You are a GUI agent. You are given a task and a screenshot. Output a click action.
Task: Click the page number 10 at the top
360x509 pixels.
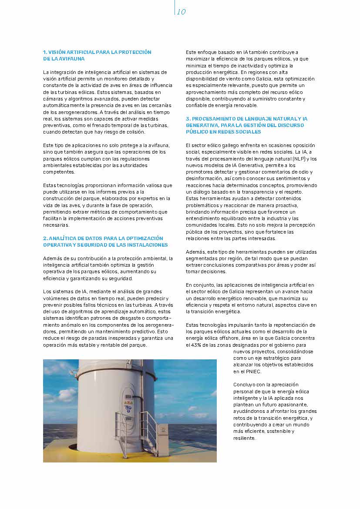tap(182, 12)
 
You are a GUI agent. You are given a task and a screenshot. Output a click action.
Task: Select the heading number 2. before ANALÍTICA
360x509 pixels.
tap(45, 238)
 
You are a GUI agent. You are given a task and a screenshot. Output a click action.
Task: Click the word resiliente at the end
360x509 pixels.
tap(244, 438)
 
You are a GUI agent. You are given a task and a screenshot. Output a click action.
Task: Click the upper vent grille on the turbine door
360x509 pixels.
tap(129, 397)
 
